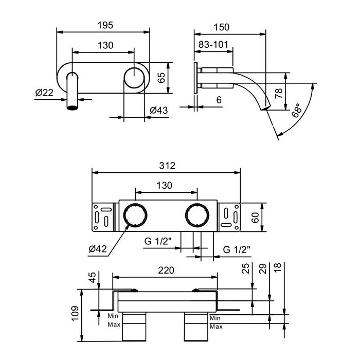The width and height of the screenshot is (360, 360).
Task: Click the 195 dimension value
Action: click(104, 24)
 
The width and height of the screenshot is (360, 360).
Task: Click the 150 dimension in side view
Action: click(230, 27)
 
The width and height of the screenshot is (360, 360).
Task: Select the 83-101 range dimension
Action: click(212, 44)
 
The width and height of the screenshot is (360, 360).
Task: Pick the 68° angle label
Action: click(297, 111)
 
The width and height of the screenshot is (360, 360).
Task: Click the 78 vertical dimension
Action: click(278, 93)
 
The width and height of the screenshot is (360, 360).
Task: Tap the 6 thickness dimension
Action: click(219, 101)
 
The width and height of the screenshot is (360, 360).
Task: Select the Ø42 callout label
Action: click(98, 249)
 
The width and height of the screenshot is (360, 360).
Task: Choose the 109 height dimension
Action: click(75, 314)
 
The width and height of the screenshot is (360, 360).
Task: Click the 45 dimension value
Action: click(93, 278)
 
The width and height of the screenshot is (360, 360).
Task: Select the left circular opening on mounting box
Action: click(135, 215)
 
